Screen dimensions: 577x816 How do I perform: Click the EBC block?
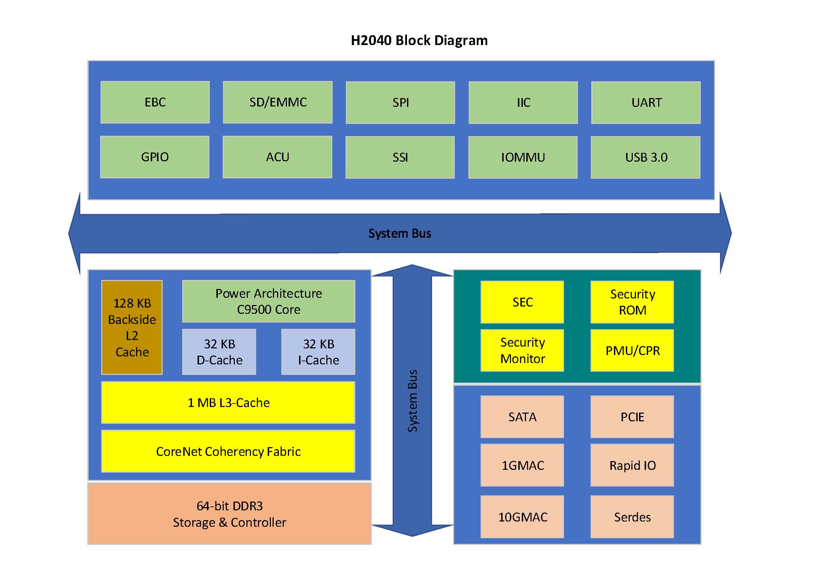(155, 102)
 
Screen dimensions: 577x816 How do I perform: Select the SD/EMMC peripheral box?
(277, 102)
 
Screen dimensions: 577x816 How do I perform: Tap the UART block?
(646, 103)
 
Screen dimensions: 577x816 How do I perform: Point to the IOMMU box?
(523, 157)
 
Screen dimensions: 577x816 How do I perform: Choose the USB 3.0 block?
(645, 157)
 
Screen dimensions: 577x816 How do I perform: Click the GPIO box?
(155, 157)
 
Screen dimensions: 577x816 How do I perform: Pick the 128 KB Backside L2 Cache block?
(132, 327)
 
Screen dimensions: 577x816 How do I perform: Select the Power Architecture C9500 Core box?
(268, 301)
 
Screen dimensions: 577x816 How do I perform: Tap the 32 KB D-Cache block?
(219, 352)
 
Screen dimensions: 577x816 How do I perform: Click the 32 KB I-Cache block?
(318, 352)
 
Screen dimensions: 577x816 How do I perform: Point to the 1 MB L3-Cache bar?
(228, 402)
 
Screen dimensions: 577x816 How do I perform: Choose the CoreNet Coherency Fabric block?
(228, 451)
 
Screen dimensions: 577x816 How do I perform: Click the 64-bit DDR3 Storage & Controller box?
(229, 514)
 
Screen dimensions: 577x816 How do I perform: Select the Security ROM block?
(632, 302)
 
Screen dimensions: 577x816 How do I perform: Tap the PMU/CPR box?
(632, 350)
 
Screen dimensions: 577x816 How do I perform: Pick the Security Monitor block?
(522, 350)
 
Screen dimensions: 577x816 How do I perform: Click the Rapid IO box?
(632, 465)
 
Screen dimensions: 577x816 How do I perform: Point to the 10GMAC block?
(522, 517)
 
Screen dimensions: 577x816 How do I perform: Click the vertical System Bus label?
(412, 401)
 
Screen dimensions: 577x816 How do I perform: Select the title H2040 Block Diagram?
(419, 40)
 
